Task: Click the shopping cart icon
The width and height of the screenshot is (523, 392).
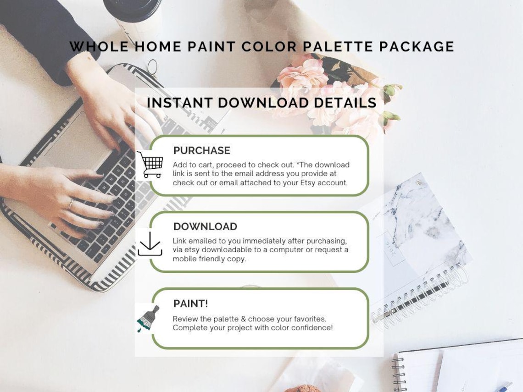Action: click(150, 164)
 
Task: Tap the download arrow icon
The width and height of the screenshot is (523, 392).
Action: click(150, 243)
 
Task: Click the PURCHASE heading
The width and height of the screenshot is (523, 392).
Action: click(202, 150)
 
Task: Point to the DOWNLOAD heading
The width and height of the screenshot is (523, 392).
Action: click(205, 226)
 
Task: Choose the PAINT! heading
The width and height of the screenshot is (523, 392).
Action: click(190, 304)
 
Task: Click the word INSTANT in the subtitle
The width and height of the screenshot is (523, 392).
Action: click(180, 103)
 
